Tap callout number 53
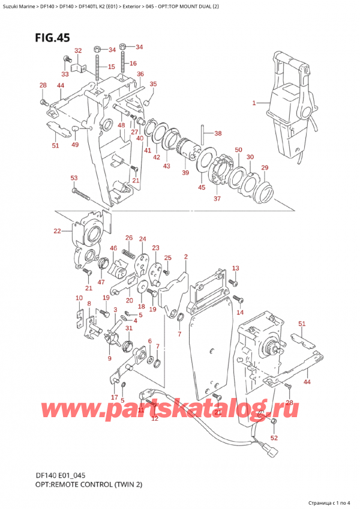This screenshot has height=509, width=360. [x=74, y=178]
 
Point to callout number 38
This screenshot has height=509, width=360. [x=218, y=133]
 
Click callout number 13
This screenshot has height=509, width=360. [x=235, y=268]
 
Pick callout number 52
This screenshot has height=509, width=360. [x=275, y=437]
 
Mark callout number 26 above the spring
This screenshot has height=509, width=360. [x=128, y=238]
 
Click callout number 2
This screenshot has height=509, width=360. [x=186, y=257]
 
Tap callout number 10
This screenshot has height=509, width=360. [x=79, y=298]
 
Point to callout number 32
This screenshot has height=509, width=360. [x=78, y=50]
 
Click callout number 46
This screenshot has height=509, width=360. [x=113, y=248]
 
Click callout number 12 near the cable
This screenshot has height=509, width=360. [x=154, y=418]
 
